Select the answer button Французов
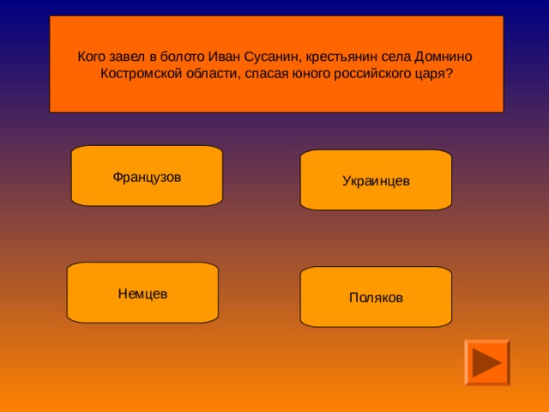pos(147,176)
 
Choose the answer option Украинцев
pos(376,181)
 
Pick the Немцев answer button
pos(142,293)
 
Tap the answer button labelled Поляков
pos(376,297)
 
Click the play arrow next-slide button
pos(486,361)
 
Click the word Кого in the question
pos(92,57)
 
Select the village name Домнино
pos(443,57)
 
